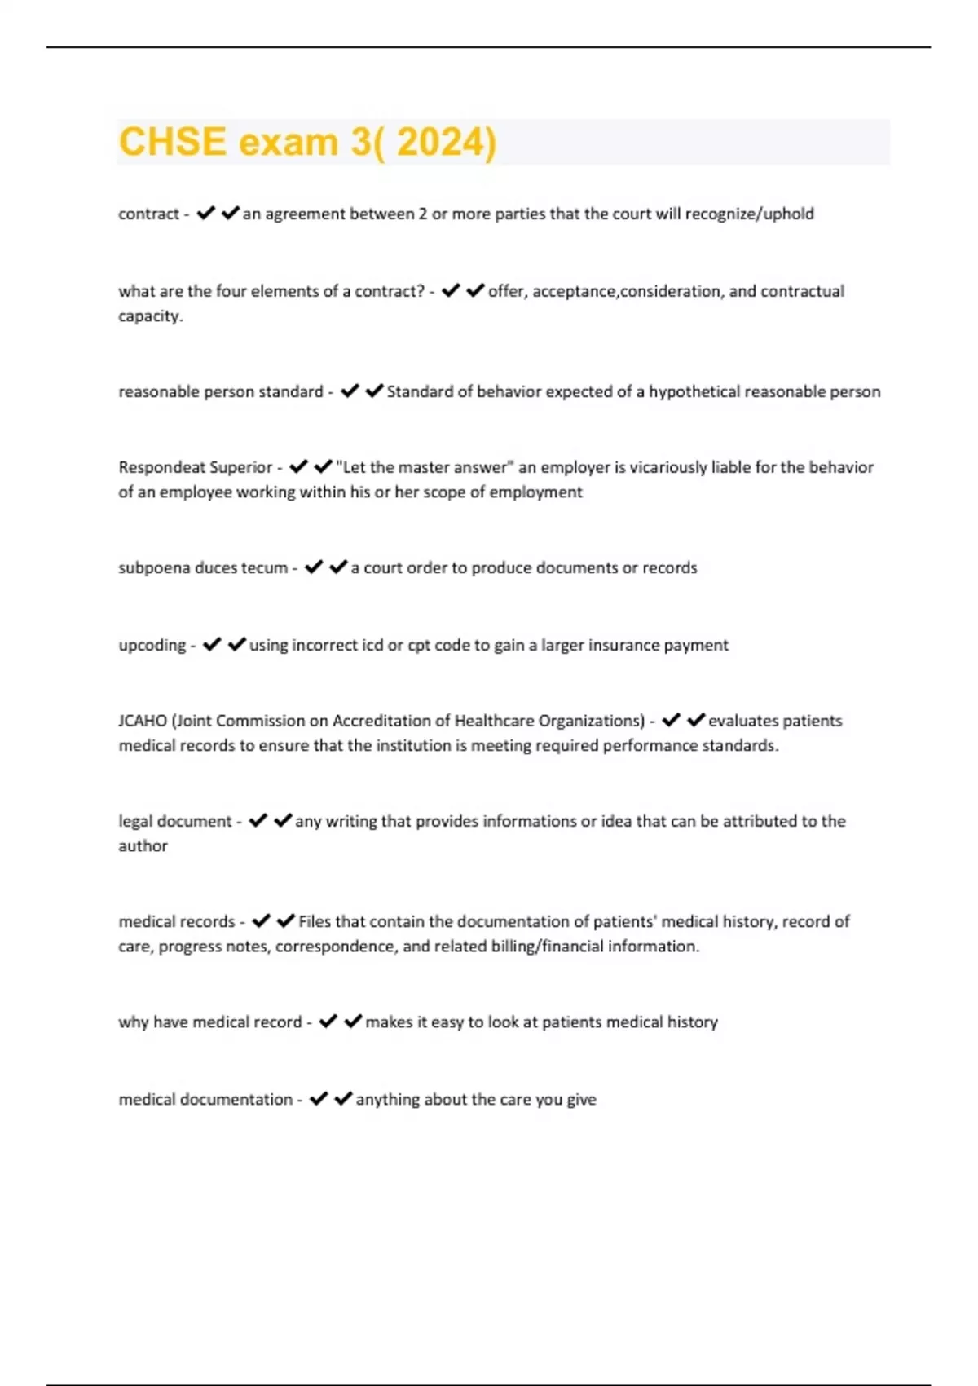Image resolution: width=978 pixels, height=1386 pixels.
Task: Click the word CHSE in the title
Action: pyautogui.click(x=172, y=142)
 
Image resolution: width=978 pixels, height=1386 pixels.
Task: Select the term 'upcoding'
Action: pyautogui.click(x=152, y=645)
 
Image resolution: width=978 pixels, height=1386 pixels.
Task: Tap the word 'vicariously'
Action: pyautogui.click(x=667, y=467)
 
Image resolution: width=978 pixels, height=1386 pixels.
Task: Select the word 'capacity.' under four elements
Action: pyautogui.click(x=151, y=316)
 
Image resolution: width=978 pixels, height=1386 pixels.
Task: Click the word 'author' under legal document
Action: pyautogui.click(x=143, y=846)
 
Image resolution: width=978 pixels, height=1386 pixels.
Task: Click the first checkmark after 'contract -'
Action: pyautogui.click(x=205, y=214)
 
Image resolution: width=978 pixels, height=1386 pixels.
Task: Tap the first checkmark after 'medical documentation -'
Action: pyautogui.click(x=319, y=1099)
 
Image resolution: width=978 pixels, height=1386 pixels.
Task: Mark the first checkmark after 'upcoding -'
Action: pyautogui.click(x=212, y=645)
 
